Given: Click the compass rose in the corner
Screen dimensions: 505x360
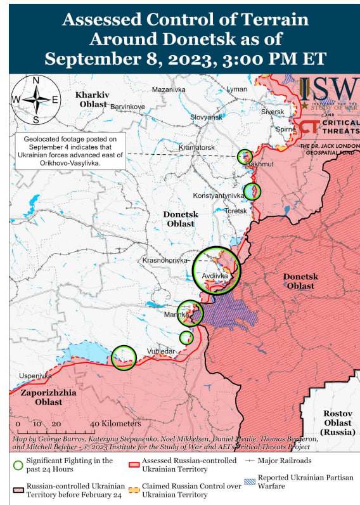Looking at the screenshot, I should [x=36, y=100].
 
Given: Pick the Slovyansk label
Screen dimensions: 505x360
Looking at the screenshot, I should [x=207, y=117].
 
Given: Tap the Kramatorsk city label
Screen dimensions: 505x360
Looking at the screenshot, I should [x=196, y=147].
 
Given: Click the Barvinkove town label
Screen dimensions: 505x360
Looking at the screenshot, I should [x=128, y=106].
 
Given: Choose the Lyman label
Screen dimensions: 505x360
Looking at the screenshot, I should [x=237, y=89].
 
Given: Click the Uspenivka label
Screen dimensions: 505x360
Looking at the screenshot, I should [x=35, y=376].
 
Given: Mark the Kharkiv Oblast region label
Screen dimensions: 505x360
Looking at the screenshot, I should [x=93, y=99].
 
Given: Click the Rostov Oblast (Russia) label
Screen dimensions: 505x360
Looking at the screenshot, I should [x=337, y=423].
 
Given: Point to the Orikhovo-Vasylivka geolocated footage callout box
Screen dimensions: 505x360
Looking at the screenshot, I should [x=71, y=151].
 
